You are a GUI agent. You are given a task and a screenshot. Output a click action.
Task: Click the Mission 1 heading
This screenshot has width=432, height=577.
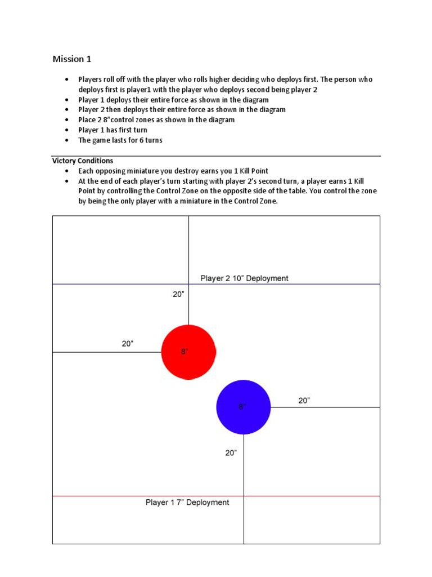pos(71,59)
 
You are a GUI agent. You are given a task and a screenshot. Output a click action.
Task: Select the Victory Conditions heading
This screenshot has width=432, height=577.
pos(83,161)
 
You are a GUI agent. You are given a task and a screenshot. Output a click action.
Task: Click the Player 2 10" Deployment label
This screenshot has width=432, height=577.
pos(244,278)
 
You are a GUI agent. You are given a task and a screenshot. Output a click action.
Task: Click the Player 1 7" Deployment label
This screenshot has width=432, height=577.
pos(187,502)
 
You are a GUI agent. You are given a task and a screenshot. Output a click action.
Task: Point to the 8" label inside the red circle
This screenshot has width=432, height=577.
pos(184,352)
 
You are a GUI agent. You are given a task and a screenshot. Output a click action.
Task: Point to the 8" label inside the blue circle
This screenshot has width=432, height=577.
pos(242,407)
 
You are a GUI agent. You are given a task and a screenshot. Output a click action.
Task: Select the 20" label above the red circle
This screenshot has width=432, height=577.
pos(178,294)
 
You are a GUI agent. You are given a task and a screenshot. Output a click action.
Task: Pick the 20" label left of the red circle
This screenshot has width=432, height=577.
pos(128,344)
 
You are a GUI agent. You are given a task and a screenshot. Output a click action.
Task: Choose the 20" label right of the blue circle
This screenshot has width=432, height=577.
pos(304,401)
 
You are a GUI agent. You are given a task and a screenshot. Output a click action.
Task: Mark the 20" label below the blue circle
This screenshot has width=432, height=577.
pos(231,452)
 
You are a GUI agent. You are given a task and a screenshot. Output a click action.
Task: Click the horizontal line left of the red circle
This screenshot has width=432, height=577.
pos(107,352)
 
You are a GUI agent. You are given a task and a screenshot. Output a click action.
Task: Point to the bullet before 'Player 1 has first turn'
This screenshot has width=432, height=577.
pos(67,130)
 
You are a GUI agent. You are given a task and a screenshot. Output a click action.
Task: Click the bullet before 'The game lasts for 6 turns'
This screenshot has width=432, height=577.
pos(67,140)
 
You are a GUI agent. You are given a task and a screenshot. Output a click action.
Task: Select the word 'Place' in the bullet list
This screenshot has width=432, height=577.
pos(86,120)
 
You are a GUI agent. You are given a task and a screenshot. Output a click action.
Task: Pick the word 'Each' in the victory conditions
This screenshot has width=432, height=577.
pos(86,171)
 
